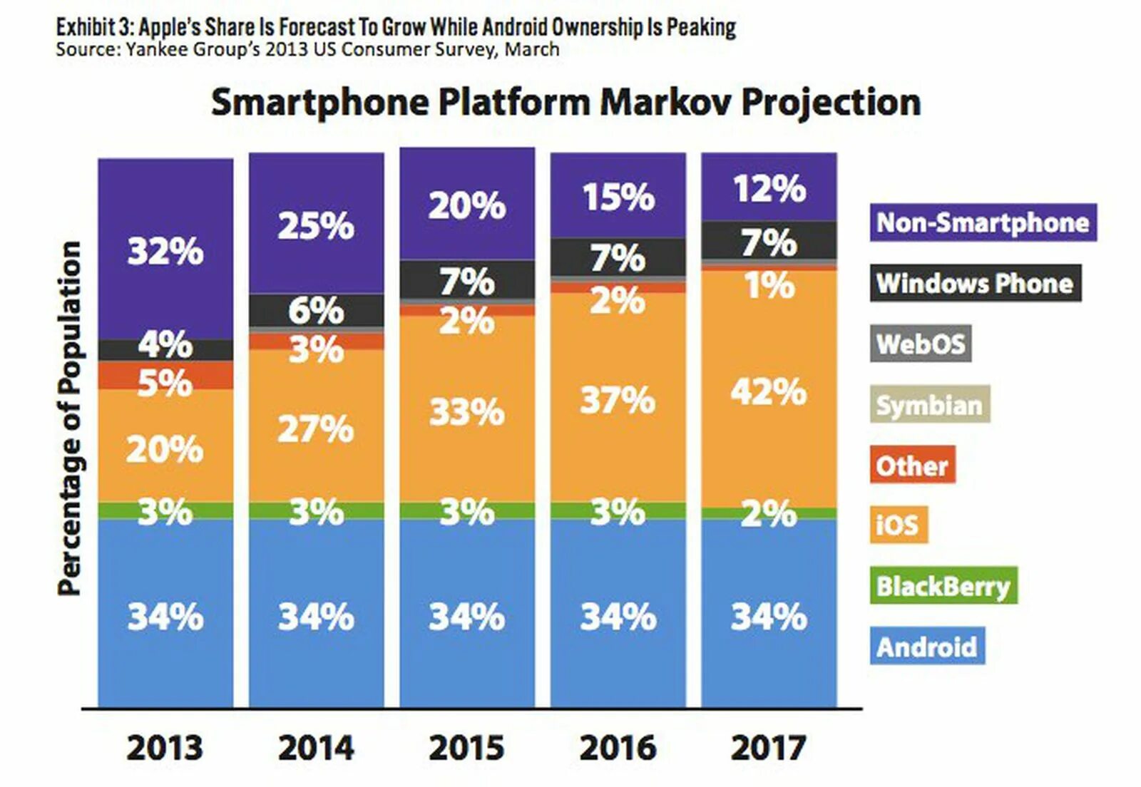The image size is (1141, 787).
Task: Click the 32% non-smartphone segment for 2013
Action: point(165,251)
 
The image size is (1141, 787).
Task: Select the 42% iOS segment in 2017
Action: point(769,391)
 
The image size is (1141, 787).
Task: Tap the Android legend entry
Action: point(927,647)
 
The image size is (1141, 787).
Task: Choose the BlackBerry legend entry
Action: point(943,586)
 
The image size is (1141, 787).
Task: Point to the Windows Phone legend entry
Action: point(975,283)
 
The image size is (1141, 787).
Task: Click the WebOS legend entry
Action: point(921,344)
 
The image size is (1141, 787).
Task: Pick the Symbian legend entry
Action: point(929,405)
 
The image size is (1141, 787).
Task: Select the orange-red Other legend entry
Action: point(912,465)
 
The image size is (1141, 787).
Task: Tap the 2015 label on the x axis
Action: point(466,748)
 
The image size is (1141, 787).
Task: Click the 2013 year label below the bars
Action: point(165,748)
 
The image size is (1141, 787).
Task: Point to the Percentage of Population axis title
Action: point(69,418)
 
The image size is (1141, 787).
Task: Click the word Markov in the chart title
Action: point(666,102)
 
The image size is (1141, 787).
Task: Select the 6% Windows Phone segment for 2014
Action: point(316,311)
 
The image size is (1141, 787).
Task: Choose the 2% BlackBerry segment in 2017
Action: point(769,513)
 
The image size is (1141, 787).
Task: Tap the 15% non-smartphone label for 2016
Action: point(618,197)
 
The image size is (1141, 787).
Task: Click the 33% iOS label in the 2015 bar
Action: point(466,412)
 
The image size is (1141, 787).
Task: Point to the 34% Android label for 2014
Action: point(316,617)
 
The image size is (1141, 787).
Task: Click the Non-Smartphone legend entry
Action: point(983,222)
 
